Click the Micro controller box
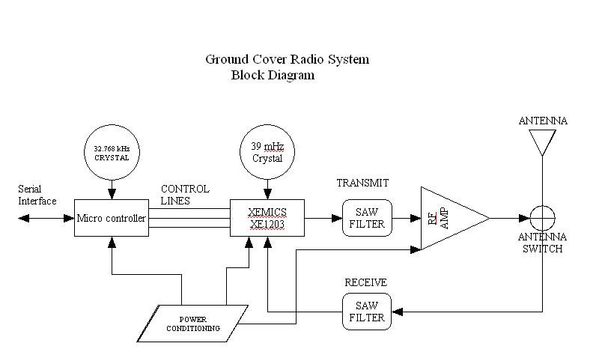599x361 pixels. pos(111,218)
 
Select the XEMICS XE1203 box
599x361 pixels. pos(267,218)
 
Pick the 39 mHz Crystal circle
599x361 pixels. pos(267,152)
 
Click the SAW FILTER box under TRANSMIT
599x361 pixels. pos(367,218)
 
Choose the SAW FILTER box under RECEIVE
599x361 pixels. pos(367,311)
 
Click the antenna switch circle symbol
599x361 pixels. pos(542,218)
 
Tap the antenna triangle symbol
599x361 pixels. pos(542,141)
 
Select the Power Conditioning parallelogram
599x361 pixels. pos(199,323)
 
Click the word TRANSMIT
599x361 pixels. pos(362,183)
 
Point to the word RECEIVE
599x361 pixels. pos(365,282)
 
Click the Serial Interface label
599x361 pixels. pos(37,195)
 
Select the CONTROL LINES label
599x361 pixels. pos(185,195)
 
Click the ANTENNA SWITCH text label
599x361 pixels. pos(543,243)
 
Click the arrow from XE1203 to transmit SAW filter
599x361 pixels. pos(323,218)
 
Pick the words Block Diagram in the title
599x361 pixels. pos(273,75)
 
